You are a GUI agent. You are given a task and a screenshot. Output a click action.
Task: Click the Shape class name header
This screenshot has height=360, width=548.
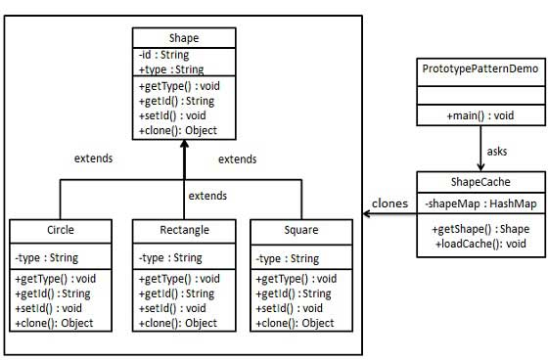coord(184,38)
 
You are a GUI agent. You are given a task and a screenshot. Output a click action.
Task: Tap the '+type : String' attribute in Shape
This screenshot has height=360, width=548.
coord(171,69)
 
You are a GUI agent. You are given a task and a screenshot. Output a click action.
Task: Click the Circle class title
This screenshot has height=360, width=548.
coord(61,232)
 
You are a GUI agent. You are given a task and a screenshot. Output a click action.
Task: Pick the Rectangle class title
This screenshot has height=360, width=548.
coord(184,232)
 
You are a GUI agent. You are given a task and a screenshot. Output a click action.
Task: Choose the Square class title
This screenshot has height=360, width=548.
coord(298,232)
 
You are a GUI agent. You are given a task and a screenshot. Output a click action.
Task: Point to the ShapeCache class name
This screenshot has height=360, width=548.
coord(479,182)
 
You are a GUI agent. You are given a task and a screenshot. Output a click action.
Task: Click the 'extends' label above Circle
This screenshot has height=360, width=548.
coord(94,157)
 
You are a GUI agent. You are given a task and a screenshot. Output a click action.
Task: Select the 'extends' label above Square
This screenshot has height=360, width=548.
coord(238,157)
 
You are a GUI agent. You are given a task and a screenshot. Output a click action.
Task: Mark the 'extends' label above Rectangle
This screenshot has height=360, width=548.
coord(206,197)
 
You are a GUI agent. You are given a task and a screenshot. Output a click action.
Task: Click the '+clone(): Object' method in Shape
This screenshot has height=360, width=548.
coord(177,130)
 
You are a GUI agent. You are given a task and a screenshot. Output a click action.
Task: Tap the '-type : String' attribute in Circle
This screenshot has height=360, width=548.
coord(47,258)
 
